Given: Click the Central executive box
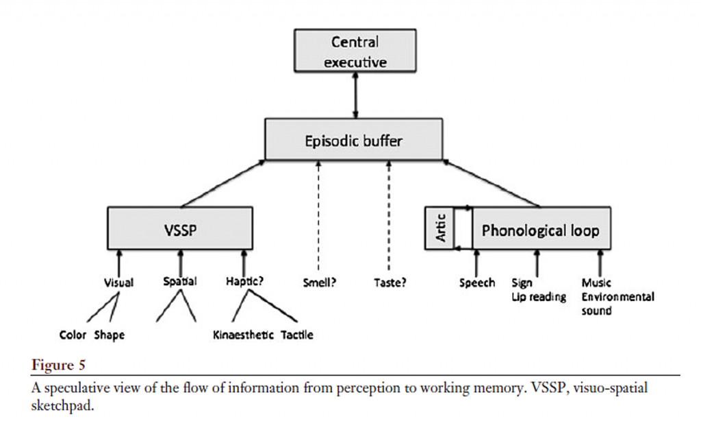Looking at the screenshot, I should (x=355, y=51).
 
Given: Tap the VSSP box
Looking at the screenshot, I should (x=181, y=229).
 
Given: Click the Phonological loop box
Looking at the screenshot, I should (x=539, y=230).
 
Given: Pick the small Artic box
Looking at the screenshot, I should (x=440, y=229).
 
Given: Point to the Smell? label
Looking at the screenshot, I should (x=320, y=281).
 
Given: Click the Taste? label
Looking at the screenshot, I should (x=390, y=281).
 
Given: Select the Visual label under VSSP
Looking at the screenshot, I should (x=118, y=281).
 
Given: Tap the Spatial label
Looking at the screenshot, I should (x=180, y=281).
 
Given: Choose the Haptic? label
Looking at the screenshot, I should (x=246, y=281).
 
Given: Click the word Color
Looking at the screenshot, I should (x=73, y=335).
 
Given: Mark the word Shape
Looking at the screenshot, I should (x=109, y=335).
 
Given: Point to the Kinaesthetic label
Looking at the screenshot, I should (x=243, y=335).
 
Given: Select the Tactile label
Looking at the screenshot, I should (x=297, y=335).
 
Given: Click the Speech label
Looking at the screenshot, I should (x=476, y=282).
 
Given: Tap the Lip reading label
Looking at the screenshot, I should (x=539, y=297).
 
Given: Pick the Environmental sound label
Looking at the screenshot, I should (x=617, y=304).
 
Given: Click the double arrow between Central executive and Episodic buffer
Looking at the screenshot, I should (x=355, y=95).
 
